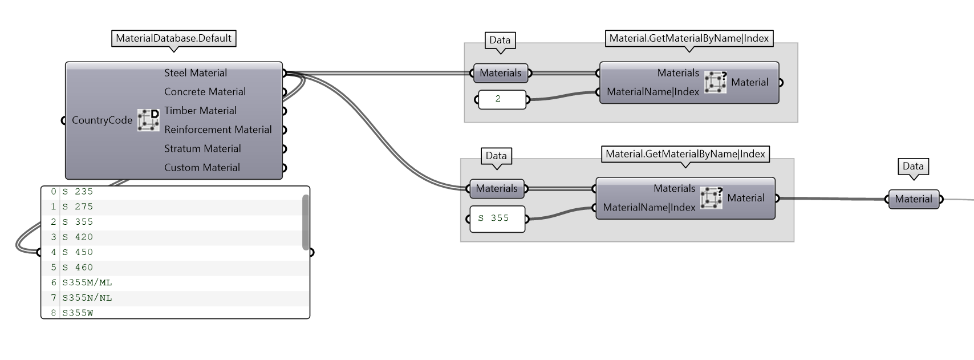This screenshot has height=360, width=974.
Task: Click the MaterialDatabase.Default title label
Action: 173,38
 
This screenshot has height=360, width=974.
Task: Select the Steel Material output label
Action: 195,73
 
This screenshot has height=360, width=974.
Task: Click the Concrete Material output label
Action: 205,92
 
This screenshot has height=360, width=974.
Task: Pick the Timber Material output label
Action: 200,111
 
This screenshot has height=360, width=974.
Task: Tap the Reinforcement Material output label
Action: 218,130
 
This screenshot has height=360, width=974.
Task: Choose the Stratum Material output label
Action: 202,148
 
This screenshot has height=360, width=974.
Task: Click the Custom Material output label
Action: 202,168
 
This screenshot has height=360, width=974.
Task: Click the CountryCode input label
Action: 102,120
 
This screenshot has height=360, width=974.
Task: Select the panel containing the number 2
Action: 502,99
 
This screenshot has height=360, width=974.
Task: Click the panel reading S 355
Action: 497,219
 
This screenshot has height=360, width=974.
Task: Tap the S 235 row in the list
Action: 78,192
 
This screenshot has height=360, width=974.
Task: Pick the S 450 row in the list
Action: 78,252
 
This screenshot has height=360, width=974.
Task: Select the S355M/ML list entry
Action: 87,282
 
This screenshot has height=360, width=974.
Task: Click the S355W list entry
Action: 78,313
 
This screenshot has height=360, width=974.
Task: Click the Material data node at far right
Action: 914,199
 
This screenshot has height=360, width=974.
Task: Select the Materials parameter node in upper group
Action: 501,73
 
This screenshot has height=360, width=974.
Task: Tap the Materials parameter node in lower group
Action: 497,189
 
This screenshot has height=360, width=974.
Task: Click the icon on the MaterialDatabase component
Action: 148,120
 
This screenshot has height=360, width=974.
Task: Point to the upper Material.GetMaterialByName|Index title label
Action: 689,38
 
